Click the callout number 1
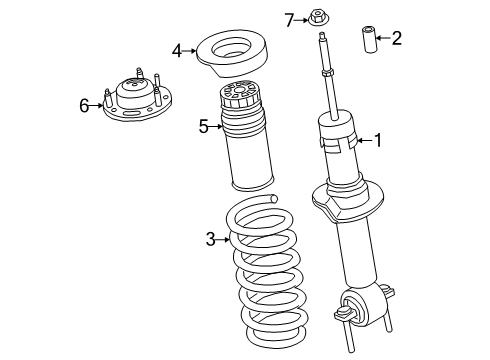click(378, 140)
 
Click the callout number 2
click(397, 39)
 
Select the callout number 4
click(177, 49)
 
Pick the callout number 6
click(85, 103)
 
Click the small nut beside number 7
click(319, 18)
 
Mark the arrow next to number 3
click(224, 238)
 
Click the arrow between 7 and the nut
click(303, 18)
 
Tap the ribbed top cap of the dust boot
click(242, 100)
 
